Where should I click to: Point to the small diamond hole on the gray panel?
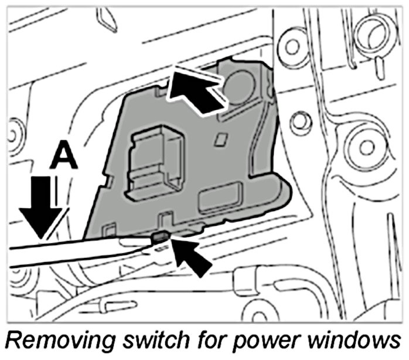click(x=221, y=139)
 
